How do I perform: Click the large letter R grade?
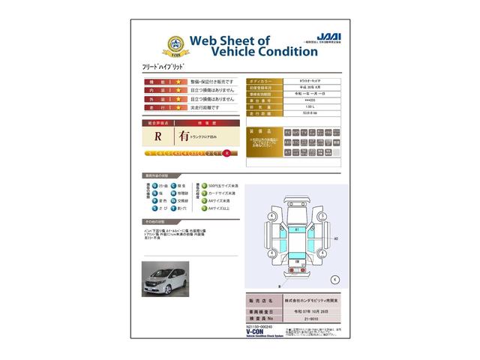(x=158, y=136)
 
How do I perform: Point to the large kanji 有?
(x=184, y=136)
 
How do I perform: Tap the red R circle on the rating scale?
(x=226, y=154)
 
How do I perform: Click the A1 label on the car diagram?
(x=296, y=229)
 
